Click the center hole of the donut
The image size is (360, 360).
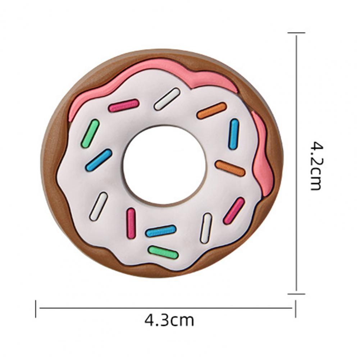[164, 165]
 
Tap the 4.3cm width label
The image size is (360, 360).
[169, 320]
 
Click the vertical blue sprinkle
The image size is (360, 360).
[234, 134]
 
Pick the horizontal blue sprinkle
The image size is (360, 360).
[161, 231]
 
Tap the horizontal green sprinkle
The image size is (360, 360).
[163, 252]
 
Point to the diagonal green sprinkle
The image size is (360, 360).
[90, 133]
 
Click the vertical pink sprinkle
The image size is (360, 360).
[131, 223]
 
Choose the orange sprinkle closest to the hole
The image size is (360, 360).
[230, 168]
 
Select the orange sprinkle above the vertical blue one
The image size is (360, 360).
[212, 111]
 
